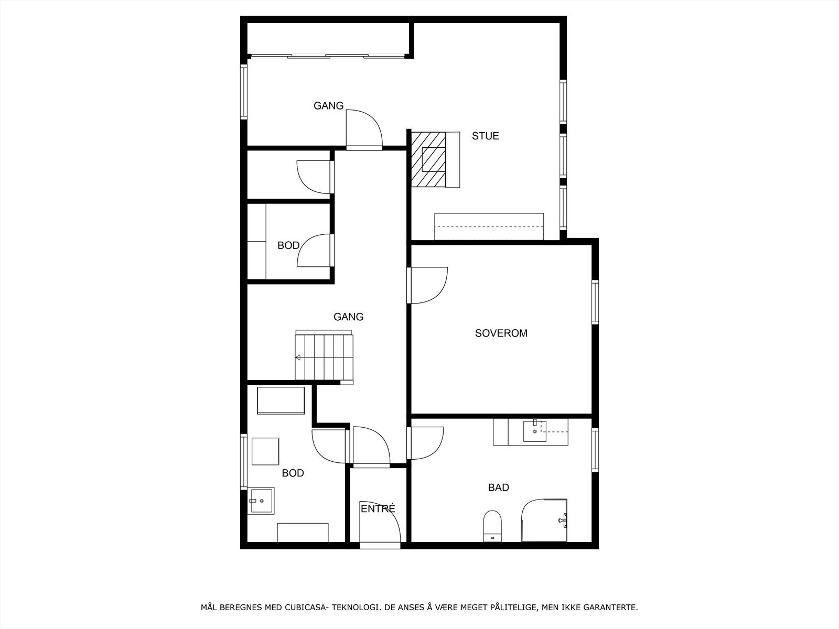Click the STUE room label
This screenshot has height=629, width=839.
click(x=485, y=136)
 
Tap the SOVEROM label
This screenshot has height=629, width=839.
click(x=501, y=333)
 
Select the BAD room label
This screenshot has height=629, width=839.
click(x=498, y=487)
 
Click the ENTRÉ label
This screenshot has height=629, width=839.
click(x=378, y=508)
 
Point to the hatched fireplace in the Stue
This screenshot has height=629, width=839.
click(x=428, y=159)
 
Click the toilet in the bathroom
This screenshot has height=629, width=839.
click(x=492, y=525)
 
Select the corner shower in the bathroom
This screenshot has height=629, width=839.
click(x=544, y=520)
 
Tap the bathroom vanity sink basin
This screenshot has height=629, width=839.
click(x=534, y=431)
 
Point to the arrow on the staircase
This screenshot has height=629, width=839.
click(x=298, y=357)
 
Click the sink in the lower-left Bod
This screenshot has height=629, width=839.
click(x=261, y=501)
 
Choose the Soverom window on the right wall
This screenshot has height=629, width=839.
click(x=595, y=302)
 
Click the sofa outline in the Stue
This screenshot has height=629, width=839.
click(x=489, y=226)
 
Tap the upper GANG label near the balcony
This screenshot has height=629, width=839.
click(x=328, y=106)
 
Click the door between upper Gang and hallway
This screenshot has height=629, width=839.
click(x=364, y=130)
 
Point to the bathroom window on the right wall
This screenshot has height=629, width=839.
click(x=595, y=450)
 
